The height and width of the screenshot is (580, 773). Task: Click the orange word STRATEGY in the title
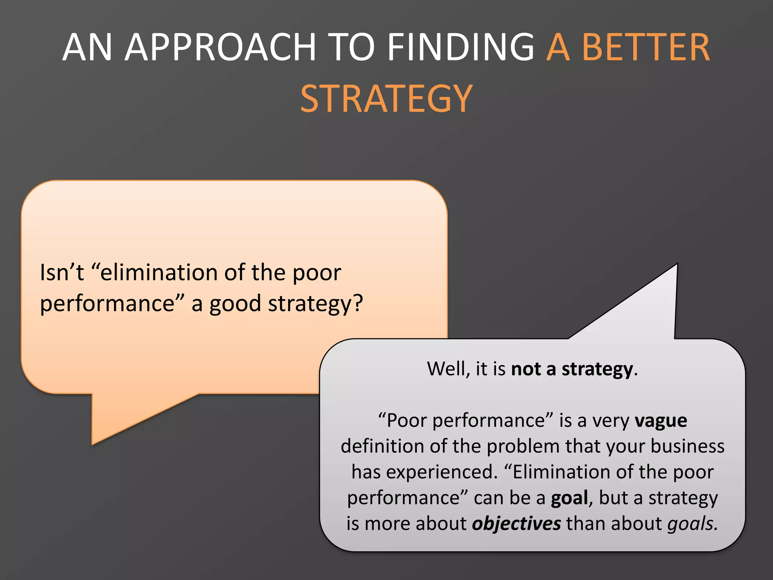(x=386, y=99)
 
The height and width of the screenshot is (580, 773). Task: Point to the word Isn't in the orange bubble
(x=62, y=273)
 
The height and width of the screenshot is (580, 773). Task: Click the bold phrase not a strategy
(x=572, y=369)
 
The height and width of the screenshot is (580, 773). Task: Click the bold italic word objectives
(x=516, y=524)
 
